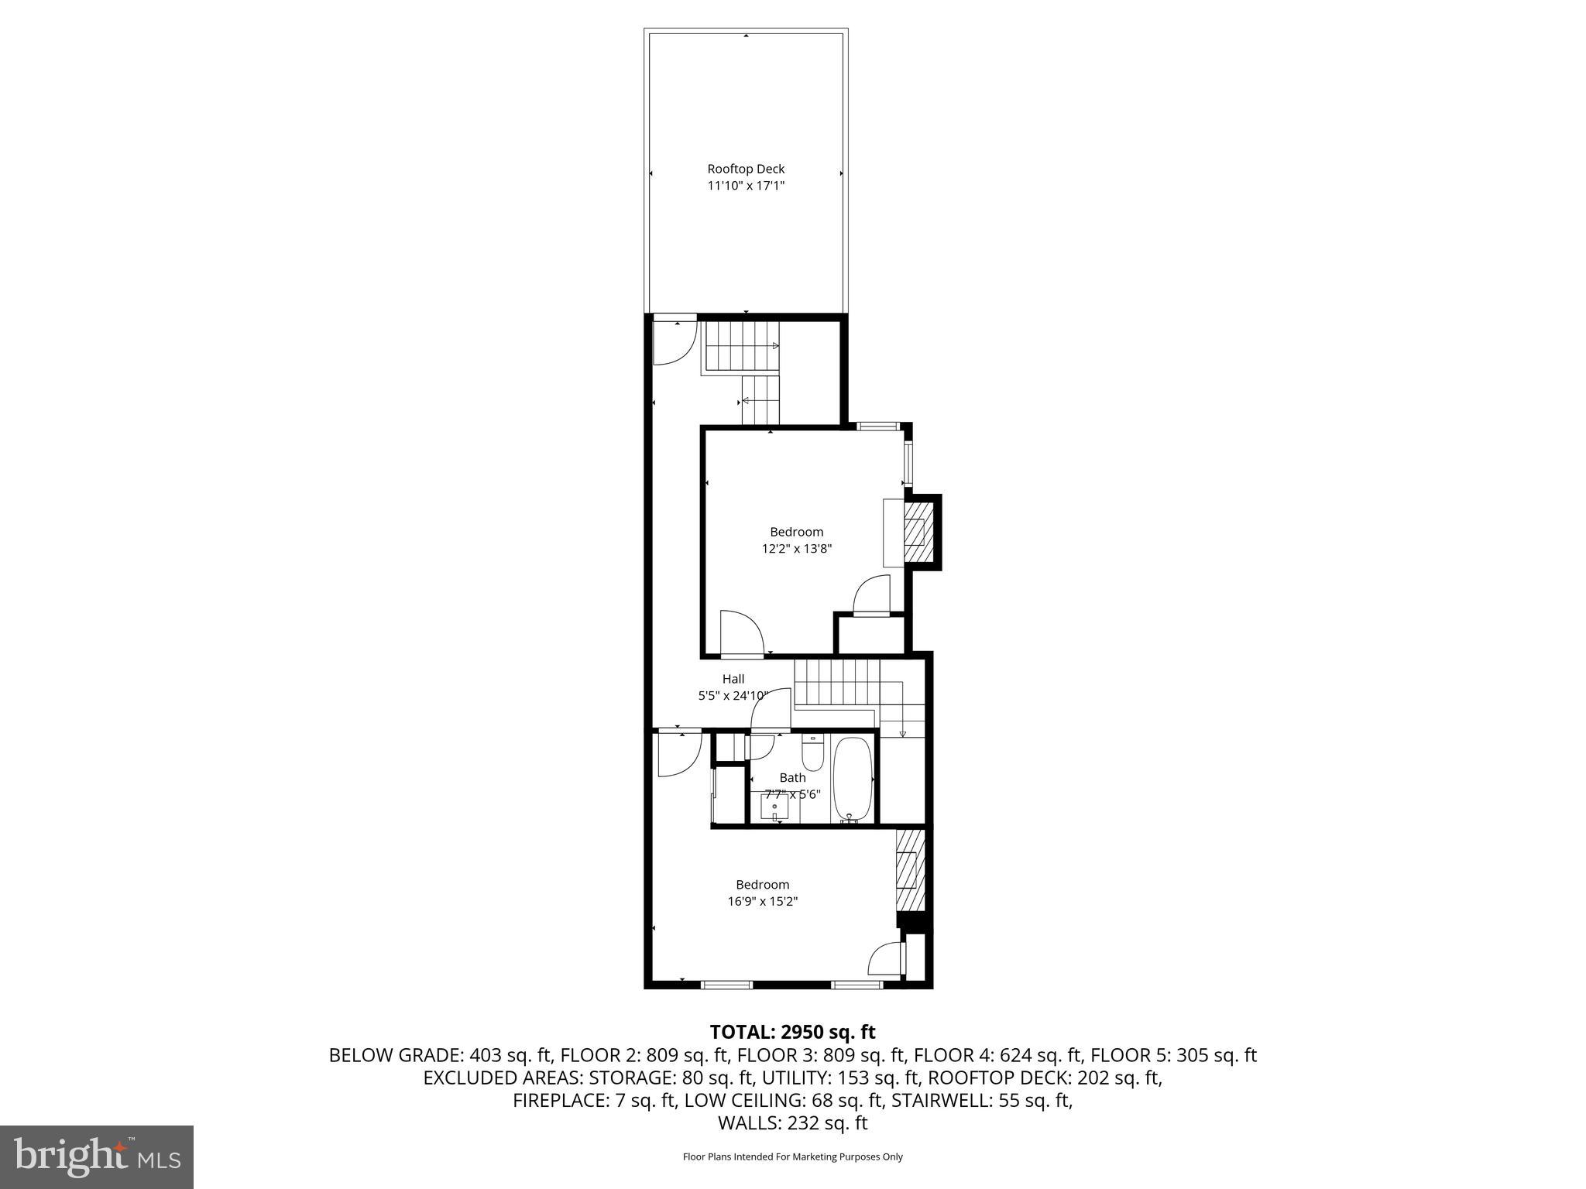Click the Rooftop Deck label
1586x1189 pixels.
point(746,169)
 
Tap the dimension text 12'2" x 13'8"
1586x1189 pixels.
point(796,549)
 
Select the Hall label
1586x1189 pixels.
point(733,679)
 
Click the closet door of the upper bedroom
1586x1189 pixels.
point(871,594)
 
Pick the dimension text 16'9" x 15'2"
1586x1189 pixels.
point(762,901)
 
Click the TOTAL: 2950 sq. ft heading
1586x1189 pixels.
point(792,1032)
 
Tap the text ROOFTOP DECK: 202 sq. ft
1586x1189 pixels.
point(1045,1078)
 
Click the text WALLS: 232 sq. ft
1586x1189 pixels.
point(792,1123)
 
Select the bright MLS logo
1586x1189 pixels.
point(97,1156)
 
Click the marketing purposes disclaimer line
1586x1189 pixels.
point(792,1157)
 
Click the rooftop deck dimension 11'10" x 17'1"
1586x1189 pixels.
point(746,186)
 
